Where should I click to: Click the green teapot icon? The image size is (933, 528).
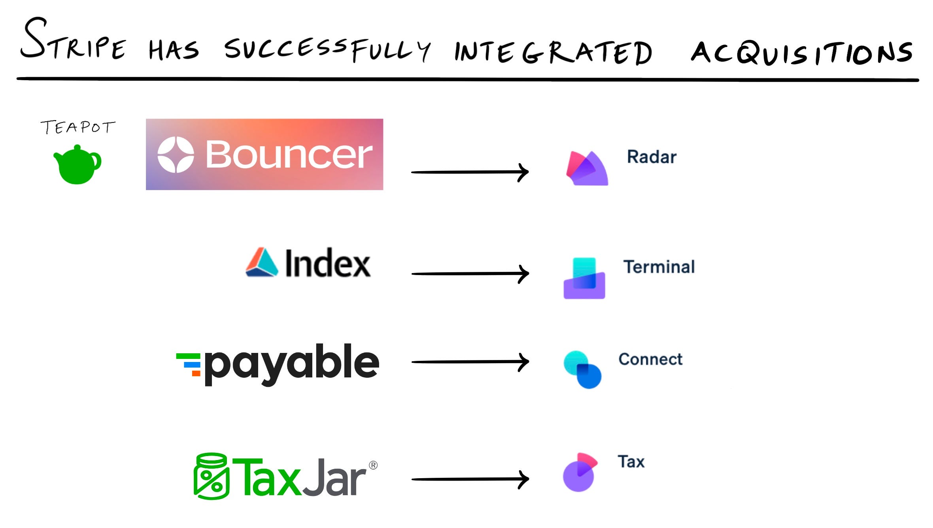point(77,165)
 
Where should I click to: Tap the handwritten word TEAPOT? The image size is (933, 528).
point(78,127)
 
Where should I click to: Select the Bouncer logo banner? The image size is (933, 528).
point(264,154)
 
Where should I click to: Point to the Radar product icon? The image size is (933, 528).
point(587,168)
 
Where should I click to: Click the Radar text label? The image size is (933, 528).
point(652,157)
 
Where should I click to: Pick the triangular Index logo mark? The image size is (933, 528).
point(261,262)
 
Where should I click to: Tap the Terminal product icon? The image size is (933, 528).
point(584,278)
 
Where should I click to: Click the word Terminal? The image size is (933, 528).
point(659,267)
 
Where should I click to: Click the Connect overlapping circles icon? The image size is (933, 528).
point(582,370)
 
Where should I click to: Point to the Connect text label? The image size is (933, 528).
point(650,359)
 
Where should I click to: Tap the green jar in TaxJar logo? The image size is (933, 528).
point(211,476)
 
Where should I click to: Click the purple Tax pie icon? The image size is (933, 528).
point(580,472)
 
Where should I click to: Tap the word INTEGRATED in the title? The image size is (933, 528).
point(553,53)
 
